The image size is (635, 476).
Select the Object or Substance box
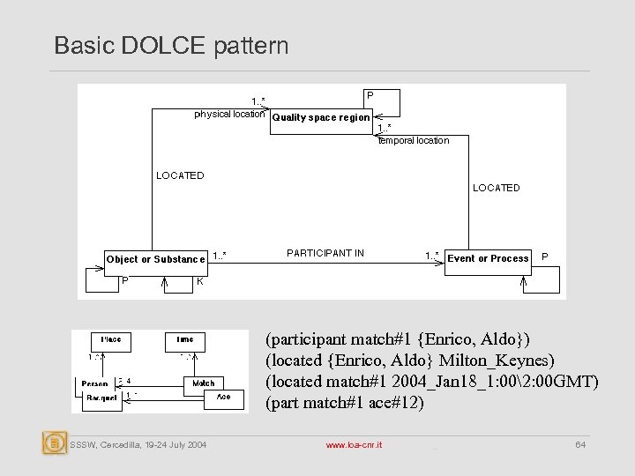pos(155,259)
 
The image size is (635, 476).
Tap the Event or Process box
pos(488,258)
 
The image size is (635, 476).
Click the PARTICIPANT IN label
pos(325,254)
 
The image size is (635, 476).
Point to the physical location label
pos(229,114)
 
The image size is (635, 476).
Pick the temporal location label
pos(414,140)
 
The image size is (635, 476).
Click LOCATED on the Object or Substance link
pos(180,175)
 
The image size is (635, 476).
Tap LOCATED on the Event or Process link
pos(497,188)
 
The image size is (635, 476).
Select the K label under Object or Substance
pos(200,281)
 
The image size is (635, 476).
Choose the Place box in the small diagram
pos(111,339)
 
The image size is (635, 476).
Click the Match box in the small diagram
pos(203,383)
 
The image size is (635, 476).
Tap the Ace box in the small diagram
pos(224,397)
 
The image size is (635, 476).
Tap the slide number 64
pos(580,446)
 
